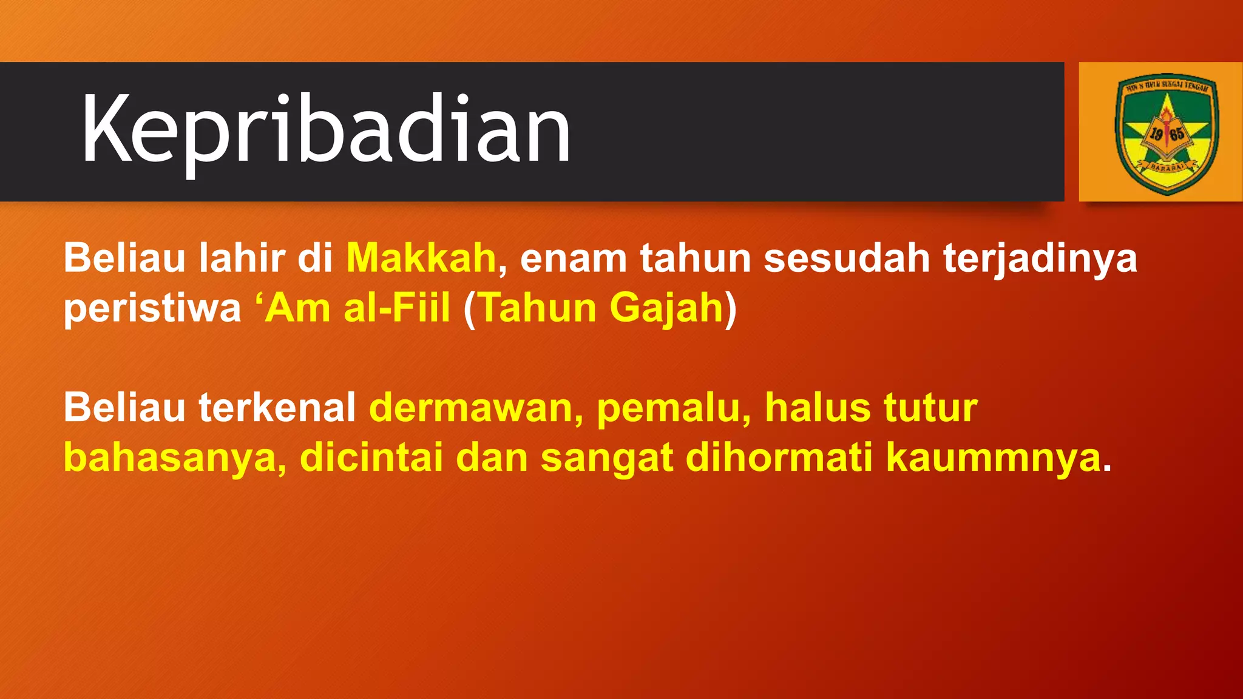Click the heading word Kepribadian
[326, 130]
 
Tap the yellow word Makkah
[421, 258]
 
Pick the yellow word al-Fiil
[397, 308]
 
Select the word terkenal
[277, 407]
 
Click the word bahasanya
[171, 458]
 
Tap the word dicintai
[371, 457]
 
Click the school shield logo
[1167, 133]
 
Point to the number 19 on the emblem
[1156, 133]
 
